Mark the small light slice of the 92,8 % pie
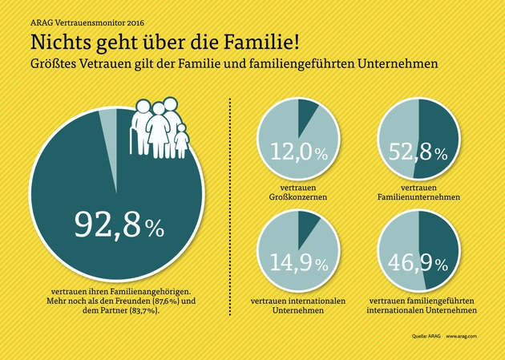[x=107, y=118]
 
